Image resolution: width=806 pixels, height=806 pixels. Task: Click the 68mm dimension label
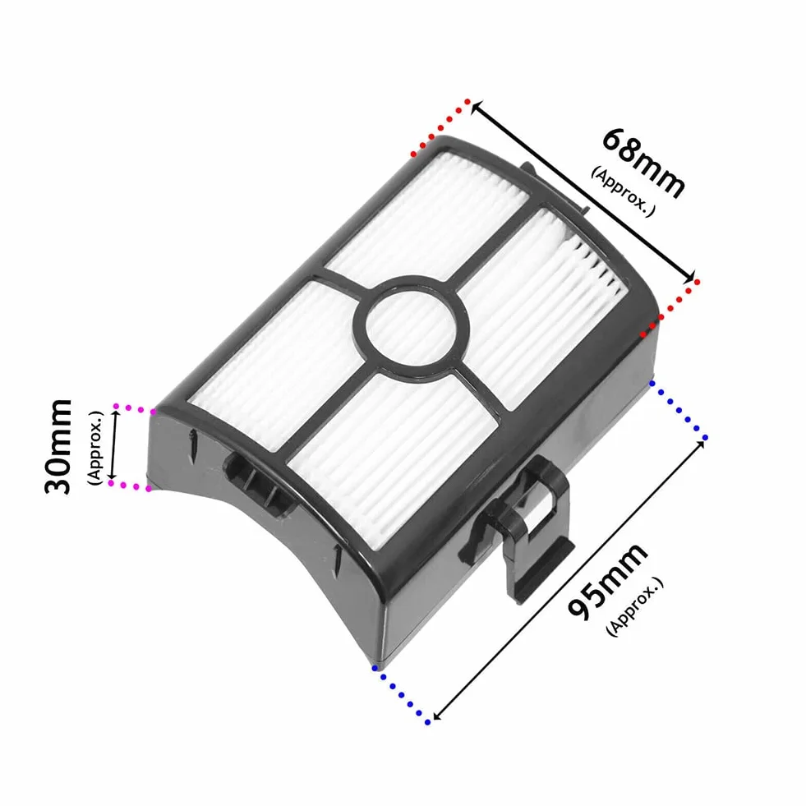643,163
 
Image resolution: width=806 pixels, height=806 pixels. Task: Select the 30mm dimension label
58,446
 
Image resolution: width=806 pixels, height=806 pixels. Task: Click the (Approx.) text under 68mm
623,191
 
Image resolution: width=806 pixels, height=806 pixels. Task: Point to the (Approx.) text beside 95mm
635,606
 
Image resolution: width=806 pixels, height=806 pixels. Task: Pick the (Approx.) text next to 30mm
95,447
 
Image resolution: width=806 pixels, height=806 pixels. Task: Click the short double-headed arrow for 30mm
114,445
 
